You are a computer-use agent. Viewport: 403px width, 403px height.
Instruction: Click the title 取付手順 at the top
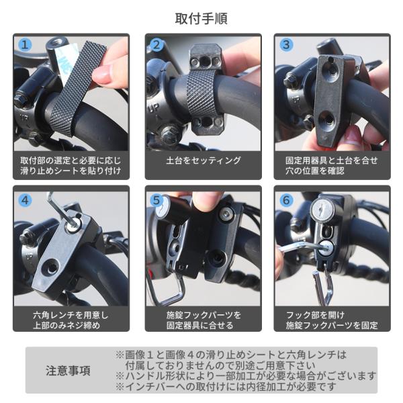[x=201, y=19]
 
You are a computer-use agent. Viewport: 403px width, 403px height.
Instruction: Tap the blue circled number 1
[x=25, y=45]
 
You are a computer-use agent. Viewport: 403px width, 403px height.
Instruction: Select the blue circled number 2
[x=156, y=45]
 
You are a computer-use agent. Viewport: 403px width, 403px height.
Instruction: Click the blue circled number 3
[x=286, y=45]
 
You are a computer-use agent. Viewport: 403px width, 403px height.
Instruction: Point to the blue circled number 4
[x=25, y=200]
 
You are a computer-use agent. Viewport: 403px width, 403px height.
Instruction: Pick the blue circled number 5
[x=156, y=200]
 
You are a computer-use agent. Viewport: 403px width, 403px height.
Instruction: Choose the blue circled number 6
[x=286, y=200]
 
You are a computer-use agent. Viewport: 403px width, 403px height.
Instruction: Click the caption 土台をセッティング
[x=204, y=161]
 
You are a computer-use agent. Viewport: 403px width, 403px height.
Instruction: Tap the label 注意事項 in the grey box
[x=68, y=371]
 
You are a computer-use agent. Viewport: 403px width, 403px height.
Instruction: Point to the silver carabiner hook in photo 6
[x=322, y=285]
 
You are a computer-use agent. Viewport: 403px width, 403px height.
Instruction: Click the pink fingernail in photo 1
[x=101, y=74]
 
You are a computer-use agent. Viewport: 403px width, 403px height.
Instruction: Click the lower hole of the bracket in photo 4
[x=52, y=267]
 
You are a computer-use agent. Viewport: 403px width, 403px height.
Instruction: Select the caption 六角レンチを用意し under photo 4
[x=71, y=315]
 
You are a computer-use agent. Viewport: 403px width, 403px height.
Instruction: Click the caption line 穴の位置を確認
[x=314, y=171]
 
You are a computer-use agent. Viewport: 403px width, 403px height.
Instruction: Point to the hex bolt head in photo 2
[x=169, y=133]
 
